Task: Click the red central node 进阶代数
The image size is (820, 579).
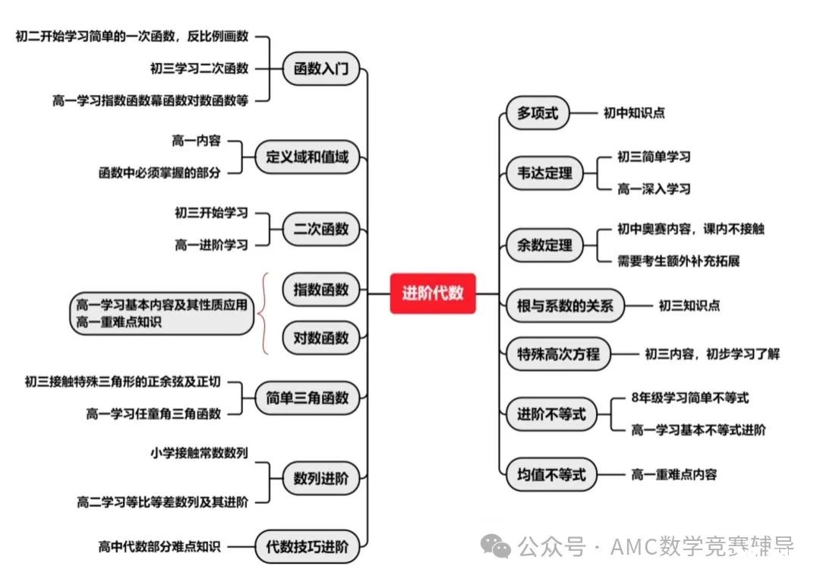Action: tap(433, 293)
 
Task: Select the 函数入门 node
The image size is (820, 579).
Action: tap(321, 68)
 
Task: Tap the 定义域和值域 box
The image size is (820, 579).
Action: tap(307, 157)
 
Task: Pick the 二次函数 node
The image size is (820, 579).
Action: tap(321, 229)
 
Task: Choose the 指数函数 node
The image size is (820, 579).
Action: tap(321, 289)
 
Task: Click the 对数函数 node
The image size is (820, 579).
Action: tap(321, 337)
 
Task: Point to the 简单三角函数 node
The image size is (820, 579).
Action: tap(307, 398)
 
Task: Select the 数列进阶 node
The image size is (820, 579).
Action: tap(321, 478)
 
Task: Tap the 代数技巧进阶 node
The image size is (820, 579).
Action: tap(307, 547)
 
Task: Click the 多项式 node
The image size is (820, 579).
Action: tap(538, 112)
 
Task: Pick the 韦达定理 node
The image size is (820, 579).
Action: tap(544, 172)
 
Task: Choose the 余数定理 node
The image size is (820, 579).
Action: tap(544, 245)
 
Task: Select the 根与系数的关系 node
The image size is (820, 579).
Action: tap(565, 305)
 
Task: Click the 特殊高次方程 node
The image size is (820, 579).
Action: tap(558, 354)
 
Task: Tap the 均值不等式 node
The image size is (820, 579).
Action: tap(551, 474)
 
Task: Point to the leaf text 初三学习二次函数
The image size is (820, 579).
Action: tap(199, 68)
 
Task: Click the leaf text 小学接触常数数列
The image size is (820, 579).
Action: tap(199, 453)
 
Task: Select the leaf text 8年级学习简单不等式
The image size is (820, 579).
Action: tap(689, 398)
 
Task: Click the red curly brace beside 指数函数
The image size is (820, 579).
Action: tap(265, 314)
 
